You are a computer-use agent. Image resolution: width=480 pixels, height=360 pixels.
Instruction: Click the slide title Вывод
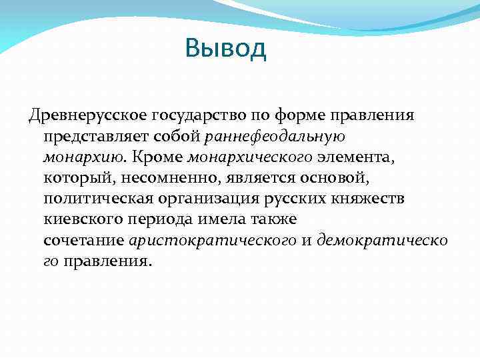pos(226,49)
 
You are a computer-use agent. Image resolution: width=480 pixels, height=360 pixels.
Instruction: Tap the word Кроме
pos(158,157)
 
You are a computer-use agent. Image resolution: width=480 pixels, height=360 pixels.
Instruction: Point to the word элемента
pos(355,157)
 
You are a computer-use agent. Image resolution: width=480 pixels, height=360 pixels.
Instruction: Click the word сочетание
pos(84,240)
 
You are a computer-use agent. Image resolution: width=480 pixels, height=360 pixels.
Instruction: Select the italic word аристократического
pos(213,240)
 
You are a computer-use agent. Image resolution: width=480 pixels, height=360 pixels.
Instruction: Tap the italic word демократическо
pos(383,240)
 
